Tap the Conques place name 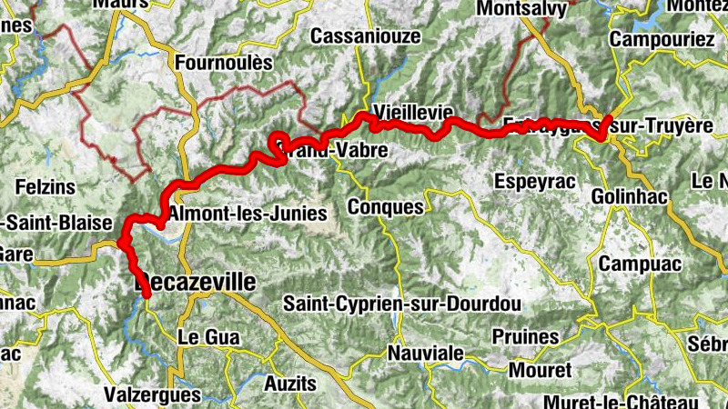(x=386, y=207)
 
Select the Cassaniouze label (x=366, y=36)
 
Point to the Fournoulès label (x=223, y=64)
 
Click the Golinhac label (x=630, y=196)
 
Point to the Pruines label (x=525, y=337)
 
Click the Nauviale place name (x=425, y=353)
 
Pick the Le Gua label (x=207, y=337)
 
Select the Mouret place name (x=541, y=370)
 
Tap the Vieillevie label (x=413, y=111)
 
